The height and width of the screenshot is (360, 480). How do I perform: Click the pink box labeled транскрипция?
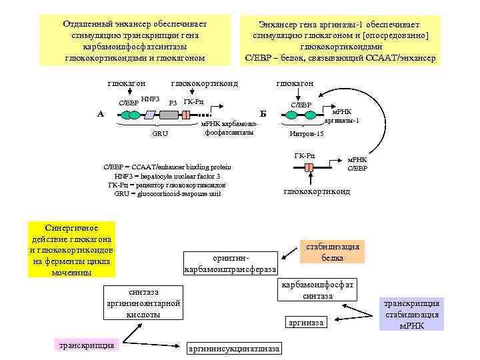(x=86, y=345)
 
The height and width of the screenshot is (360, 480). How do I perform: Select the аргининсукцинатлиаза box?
(x=235, y=349)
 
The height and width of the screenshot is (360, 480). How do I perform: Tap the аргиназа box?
(x=306, y=323)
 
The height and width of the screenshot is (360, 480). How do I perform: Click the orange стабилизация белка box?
(x=332, y=252)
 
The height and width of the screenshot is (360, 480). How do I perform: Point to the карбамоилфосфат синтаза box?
(x=317, y=290)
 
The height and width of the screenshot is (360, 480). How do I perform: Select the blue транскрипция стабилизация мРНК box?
(x=411, y=314)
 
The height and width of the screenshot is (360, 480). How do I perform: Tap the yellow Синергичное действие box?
(x=71, y=249)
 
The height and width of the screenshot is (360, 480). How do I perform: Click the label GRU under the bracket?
(x=160, y=134)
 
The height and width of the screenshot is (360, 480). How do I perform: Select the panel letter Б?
(x=261, y=114)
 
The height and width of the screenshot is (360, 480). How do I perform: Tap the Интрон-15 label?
(x=306, y=134)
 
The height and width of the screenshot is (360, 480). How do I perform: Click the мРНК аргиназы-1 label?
(x=341, y=115)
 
